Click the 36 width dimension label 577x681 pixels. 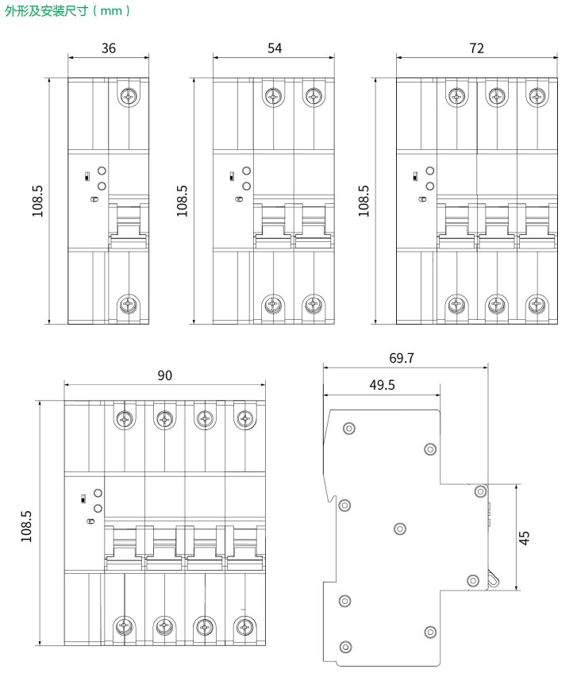(109, 48)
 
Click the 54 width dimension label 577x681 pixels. (275, 48)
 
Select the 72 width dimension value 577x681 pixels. (476, 48)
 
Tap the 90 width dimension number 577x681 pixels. (164, 375)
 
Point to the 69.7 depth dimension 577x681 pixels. (402, 358)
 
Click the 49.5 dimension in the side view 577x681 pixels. (382, 385)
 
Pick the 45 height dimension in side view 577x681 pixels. (524, 537)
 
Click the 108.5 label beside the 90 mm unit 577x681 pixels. (26, 526)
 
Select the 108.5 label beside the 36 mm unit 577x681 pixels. (37, 201)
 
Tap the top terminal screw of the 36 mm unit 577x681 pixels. (129, 96)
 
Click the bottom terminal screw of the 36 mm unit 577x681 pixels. (129, 305)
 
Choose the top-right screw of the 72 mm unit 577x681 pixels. (537, 96)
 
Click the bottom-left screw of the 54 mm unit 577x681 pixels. (273, 305)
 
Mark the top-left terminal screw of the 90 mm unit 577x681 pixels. (125, 419)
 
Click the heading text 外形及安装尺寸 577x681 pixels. (47, 10)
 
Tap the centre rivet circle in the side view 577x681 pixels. (400, 529)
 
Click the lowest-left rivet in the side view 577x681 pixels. (345, 647)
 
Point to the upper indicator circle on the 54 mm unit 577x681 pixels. (246, 171)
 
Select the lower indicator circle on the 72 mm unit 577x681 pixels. (430, 186)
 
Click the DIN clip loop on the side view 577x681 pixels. (493, 579)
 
